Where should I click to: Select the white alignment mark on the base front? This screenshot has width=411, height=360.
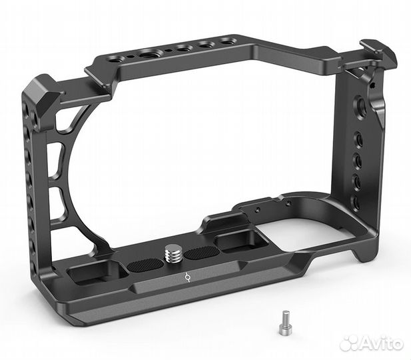[x=187, y=277]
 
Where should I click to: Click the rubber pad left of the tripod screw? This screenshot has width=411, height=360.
[x=145, y=265]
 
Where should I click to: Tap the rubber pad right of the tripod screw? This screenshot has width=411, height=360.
[x=202, y=252]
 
